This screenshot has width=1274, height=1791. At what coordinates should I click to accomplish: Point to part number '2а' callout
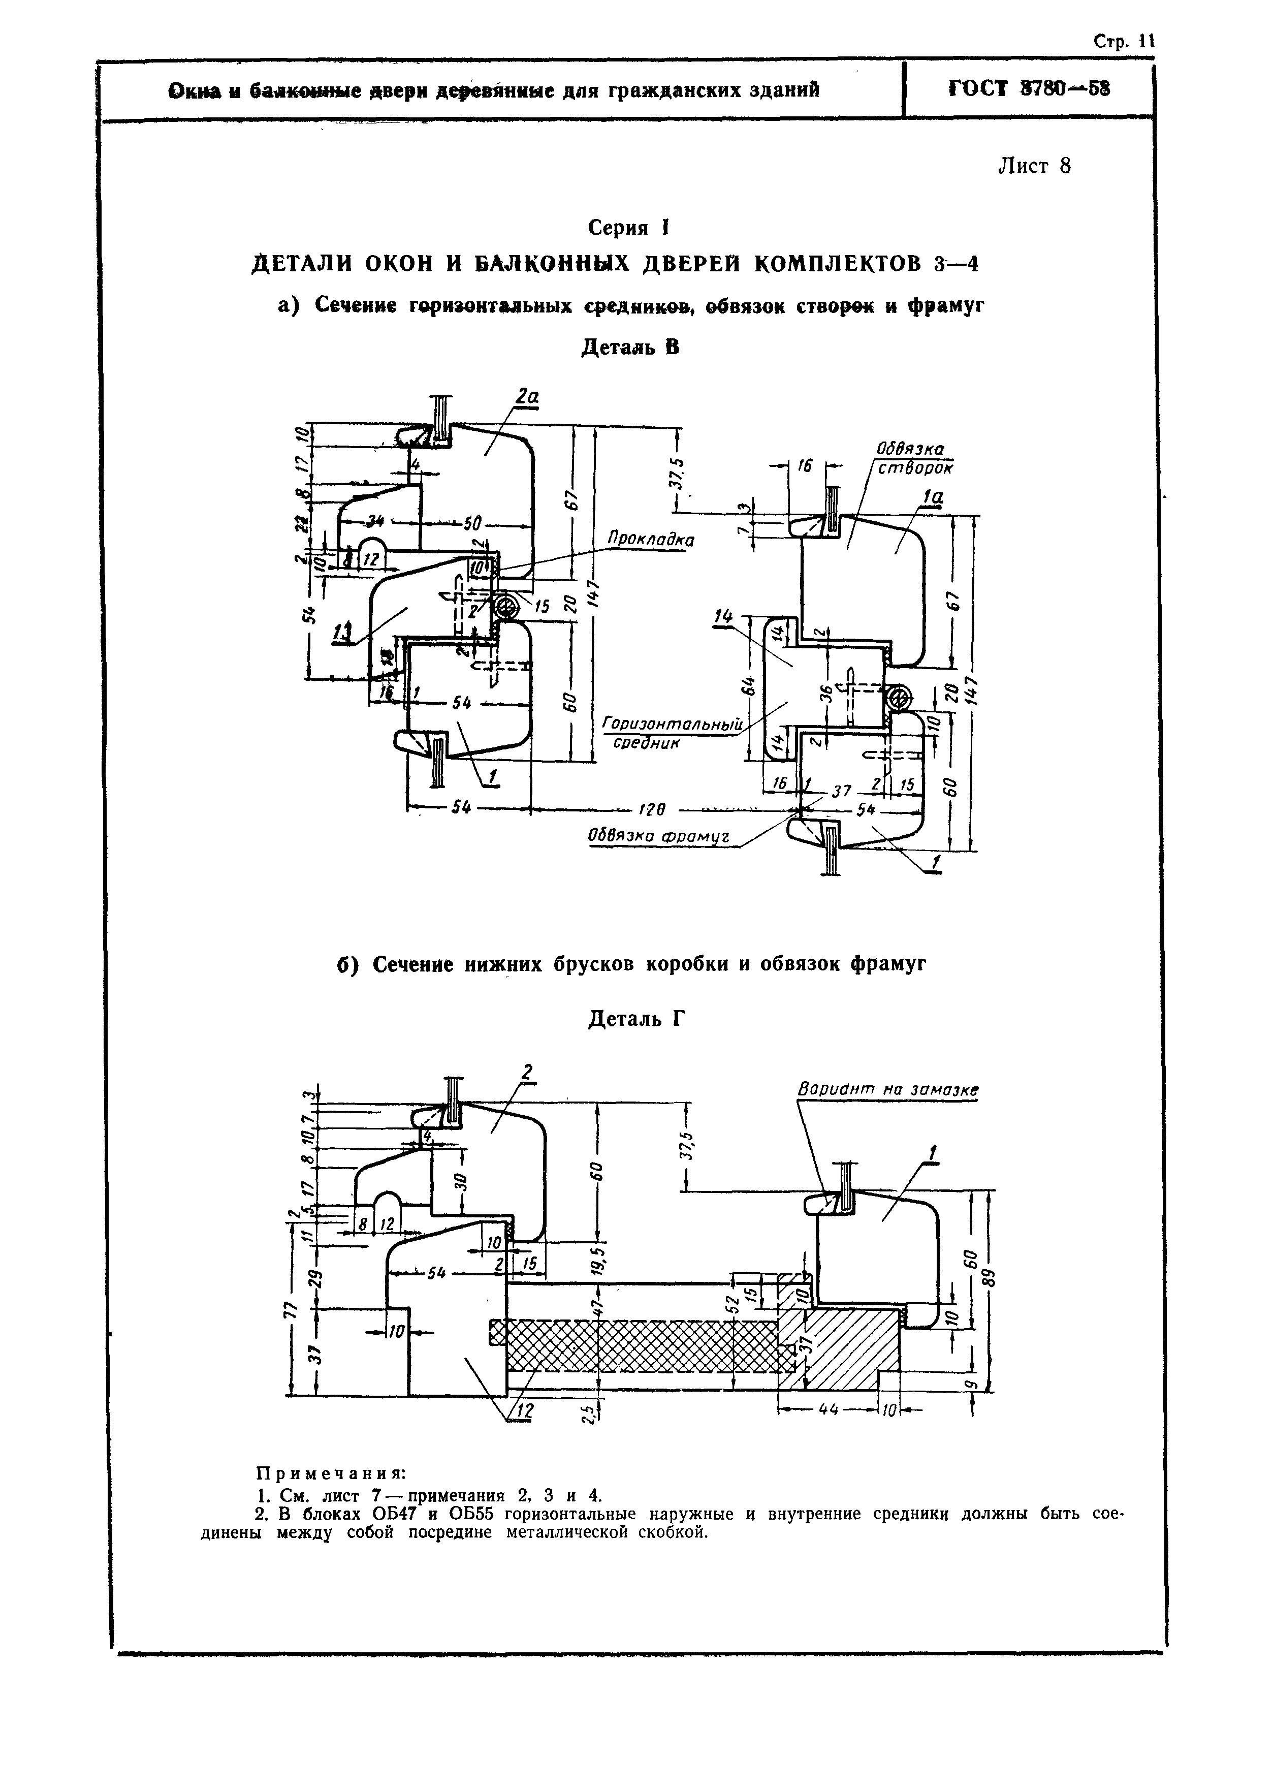point(527,398)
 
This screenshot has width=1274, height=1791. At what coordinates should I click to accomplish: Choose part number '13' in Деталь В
point(341,632)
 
